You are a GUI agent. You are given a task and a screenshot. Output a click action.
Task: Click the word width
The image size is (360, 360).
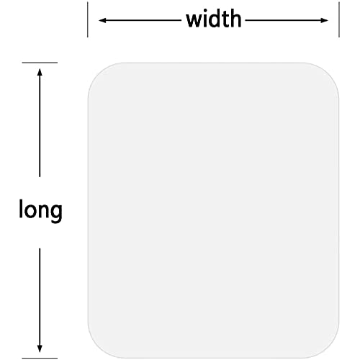tap(214, 19)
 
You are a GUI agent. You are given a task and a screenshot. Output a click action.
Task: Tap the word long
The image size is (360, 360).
tap(40, 211)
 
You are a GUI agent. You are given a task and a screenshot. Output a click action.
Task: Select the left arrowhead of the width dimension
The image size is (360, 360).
tap(102, 20)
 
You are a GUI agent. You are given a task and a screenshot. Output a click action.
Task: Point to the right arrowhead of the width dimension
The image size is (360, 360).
tap(325, 20)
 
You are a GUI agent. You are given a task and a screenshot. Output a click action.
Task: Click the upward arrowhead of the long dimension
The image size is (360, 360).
tap(40, 72)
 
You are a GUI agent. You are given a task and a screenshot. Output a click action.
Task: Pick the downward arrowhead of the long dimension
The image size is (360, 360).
tap(40, 348)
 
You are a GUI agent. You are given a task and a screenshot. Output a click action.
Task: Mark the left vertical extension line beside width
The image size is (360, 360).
tap(88, 19)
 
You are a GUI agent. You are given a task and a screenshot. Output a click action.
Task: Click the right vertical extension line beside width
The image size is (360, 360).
tap(339, 19)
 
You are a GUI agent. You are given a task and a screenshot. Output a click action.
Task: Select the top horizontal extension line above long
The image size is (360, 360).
tap(40, 63)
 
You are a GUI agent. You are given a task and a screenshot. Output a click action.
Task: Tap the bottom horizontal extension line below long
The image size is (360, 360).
tap(40, 359)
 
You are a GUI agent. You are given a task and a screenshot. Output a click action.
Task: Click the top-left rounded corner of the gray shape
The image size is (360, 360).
tap(98, 73)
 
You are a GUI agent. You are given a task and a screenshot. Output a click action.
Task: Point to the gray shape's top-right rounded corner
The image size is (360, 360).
tap(329, 73)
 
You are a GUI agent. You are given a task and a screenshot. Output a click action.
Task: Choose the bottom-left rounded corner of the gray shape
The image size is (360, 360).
tap(98, 348)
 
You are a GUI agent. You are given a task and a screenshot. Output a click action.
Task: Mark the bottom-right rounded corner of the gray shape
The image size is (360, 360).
tap(329, 348)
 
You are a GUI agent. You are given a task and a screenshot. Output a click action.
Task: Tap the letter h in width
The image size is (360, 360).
tap(235, 19)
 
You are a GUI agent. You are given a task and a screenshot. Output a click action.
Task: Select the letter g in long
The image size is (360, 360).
tap(56, 213)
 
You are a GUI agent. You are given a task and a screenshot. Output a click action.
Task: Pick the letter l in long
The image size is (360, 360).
tap(21, 208)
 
